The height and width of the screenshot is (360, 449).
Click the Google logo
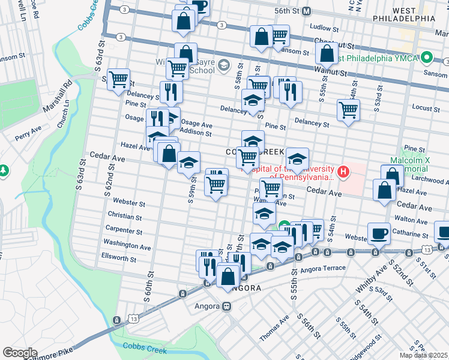click(x=19, y=353)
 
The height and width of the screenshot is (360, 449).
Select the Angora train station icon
click(x=227, y=306)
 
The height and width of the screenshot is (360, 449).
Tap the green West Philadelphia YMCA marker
click(x=427, y=58)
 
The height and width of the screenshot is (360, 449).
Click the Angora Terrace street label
click(x=328, y=268)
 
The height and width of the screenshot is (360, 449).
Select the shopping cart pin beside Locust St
click(x=348, y=110)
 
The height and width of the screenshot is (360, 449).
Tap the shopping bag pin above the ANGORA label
click(x=228, y=277)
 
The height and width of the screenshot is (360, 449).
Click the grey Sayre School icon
click(x=223, y=65)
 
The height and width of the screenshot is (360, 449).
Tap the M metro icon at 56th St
click(x=306, y=11)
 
